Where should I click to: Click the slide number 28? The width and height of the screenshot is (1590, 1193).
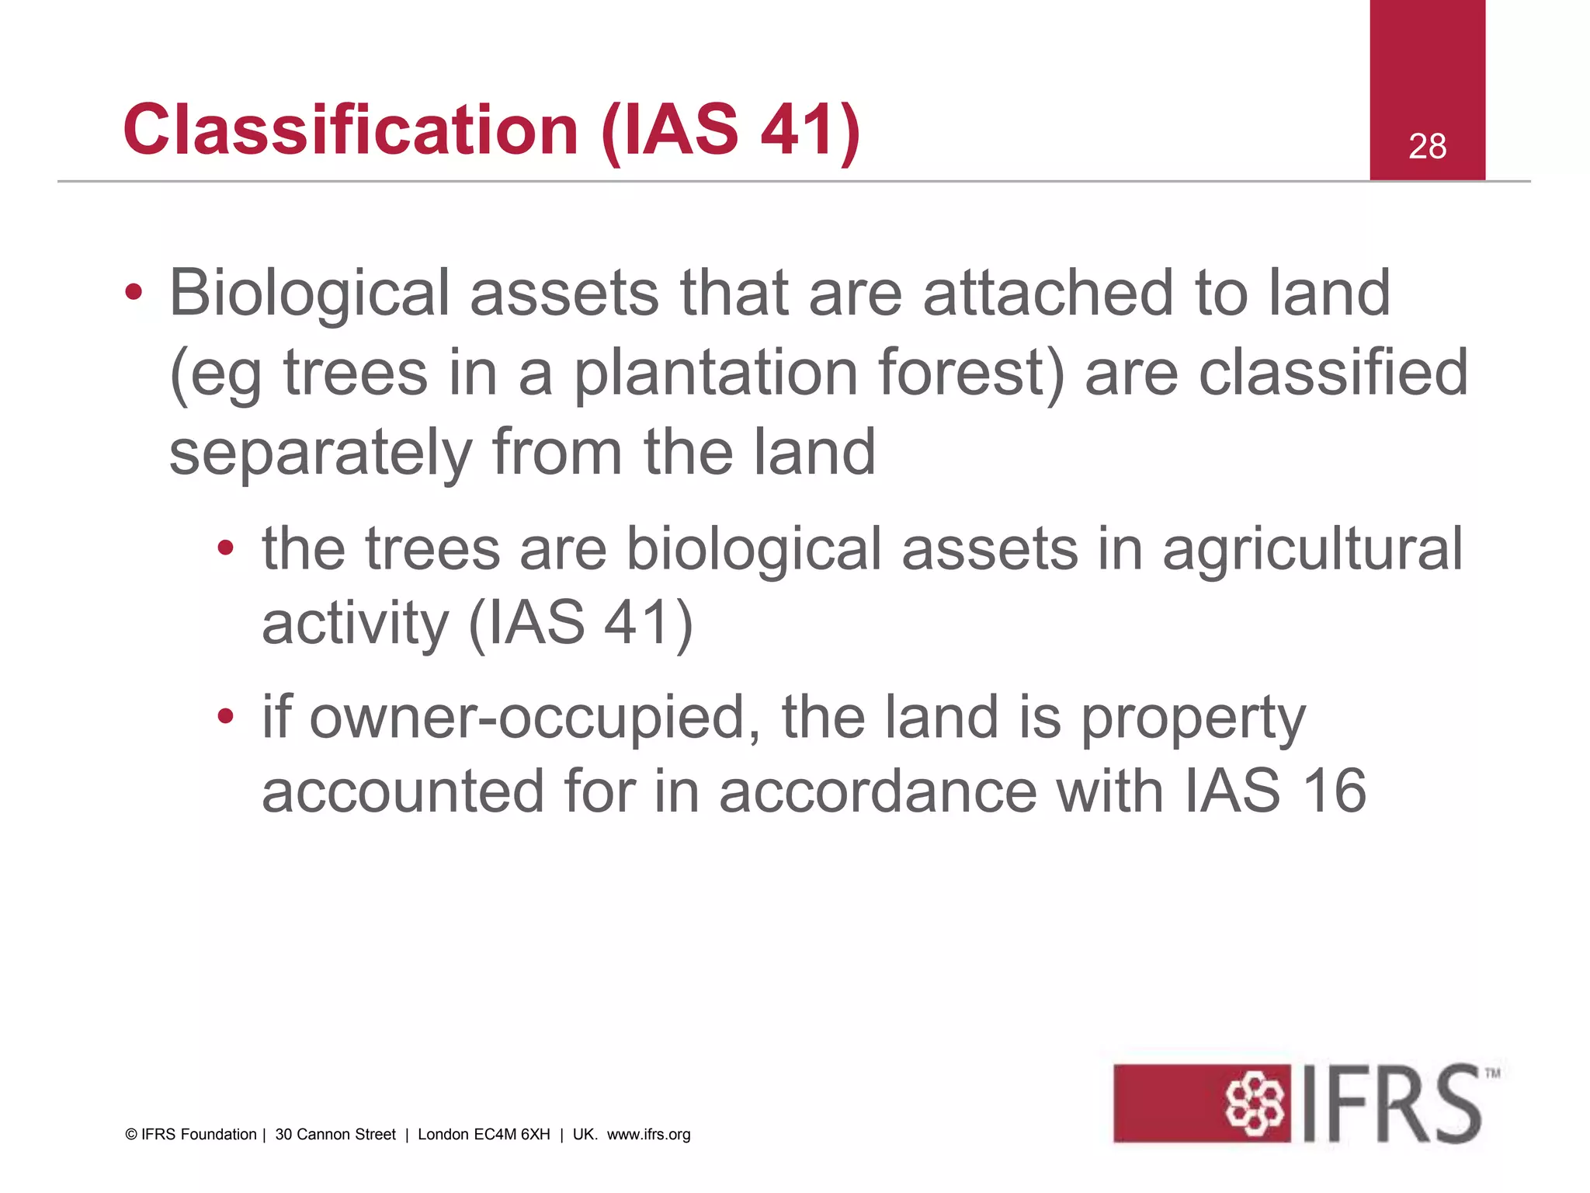point(1427,146)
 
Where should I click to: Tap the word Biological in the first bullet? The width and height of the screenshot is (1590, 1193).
point(310,294)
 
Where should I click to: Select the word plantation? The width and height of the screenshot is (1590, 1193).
point(715,374)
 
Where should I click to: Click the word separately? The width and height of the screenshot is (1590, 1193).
point(320,454)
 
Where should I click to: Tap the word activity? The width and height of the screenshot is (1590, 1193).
point(355,624)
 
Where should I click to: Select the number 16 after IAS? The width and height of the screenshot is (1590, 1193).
point(1333,791)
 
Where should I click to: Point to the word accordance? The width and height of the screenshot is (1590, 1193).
point(877,791)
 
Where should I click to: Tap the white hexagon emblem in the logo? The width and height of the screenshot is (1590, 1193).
point(1254,1104)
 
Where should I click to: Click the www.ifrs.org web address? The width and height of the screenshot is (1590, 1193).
point(648,1135)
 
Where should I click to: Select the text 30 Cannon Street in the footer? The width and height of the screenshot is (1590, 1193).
point(335,1135)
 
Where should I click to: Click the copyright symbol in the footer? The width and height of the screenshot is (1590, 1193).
point(131,1135)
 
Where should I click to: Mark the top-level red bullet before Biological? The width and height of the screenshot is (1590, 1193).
point(134,294)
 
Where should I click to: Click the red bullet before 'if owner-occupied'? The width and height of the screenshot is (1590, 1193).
point(225,716)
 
